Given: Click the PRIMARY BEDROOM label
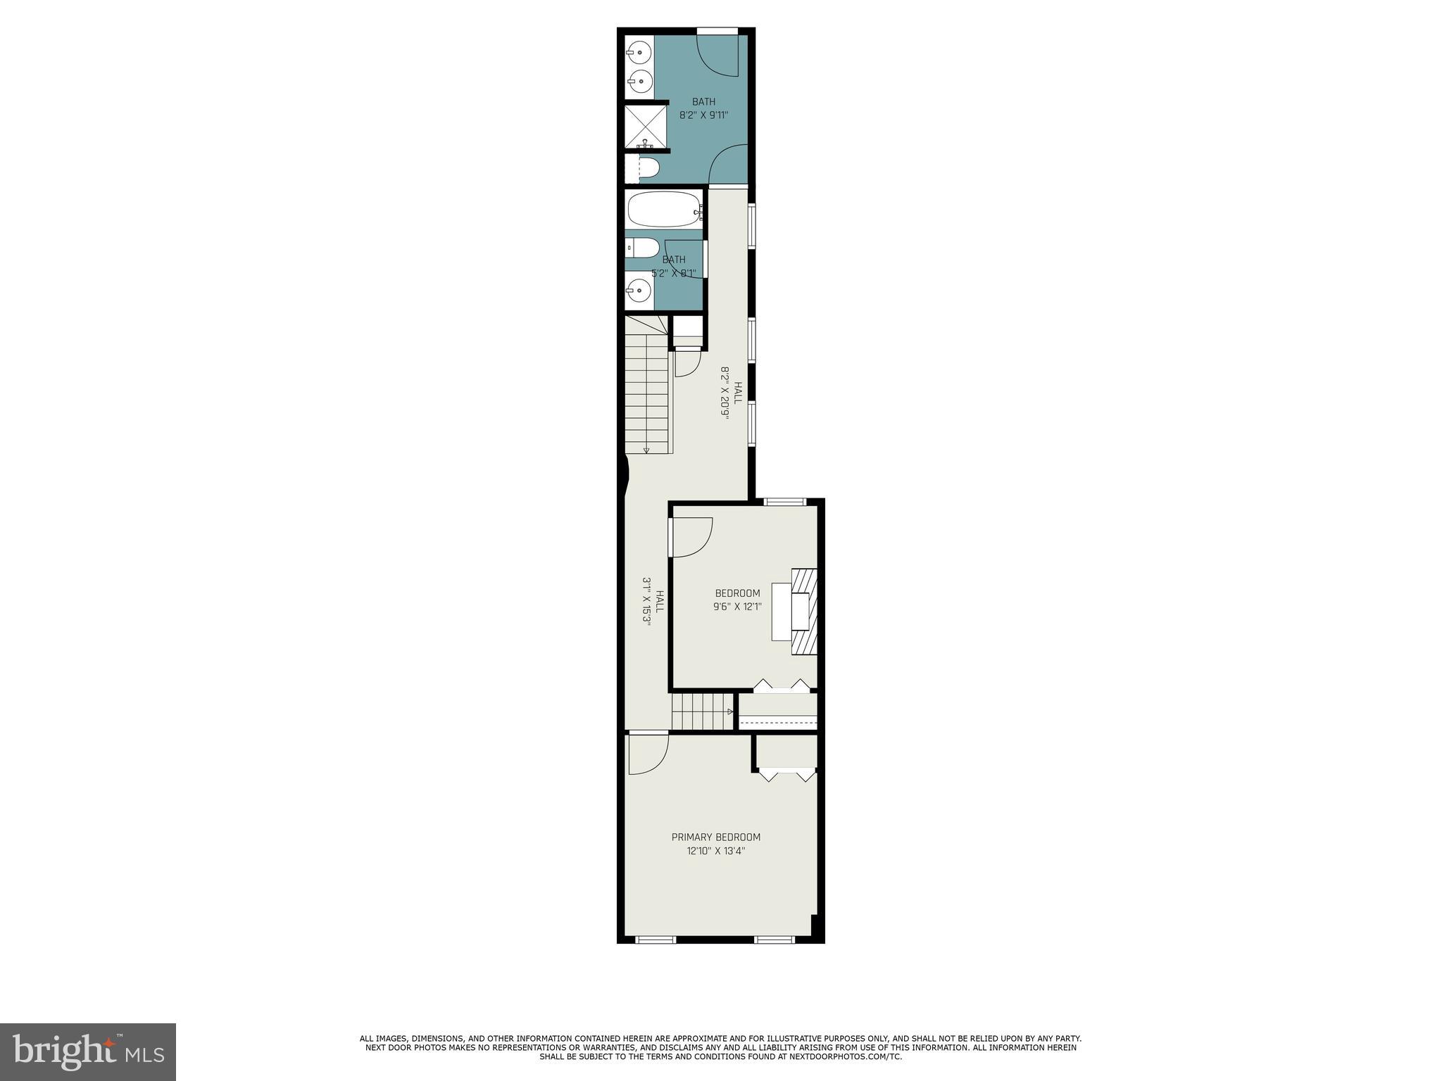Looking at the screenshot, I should click(715, 837).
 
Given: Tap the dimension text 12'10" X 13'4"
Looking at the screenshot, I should click(715, 851).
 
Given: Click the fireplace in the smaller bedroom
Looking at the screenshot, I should click(803, 612).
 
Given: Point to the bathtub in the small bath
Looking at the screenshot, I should click(663, 209).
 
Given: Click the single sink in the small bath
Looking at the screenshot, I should click(639, 289).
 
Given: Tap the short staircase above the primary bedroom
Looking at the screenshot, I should click(701, 712).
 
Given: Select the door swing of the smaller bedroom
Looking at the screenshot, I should click(691, 537).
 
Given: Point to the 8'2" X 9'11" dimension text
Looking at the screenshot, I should click(703, 115).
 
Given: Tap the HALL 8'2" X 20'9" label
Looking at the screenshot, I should click(730, 393).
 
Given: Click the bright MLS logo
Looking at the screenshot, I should click(88, 1051).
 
